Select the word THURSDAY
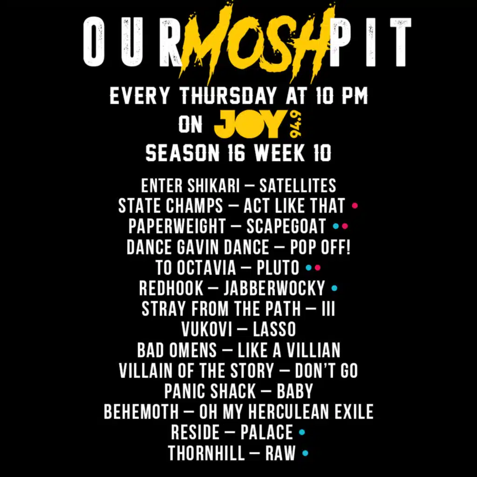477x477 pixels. click(228, 95)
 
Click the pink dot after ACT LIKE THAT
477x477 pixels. click(354, 205)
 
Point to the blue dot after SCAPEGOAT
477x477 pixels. click(336, 226)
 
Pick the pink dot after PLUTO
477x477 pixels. click(318, 268)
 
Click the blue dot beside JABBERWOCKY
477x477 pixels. click(334, 288)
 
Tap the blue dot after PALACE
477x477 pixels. click(302, 432)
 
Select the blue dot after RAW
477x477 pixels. click(305, 453)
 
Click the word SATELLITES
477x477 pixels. click(298, 185)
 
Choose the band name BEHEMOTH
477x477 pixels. click(141, 412)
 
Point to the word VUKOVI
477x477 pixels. click(206, 329)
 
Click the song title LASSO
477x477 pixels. click(274, 329)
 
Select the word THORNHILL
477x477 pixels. click(206, 453)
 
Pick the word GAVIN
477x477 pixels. click(197, 247)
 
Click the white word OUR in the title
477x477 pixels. click(133, 41)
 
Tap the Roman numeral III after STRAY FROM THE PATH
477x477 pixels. click(328, 309)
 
